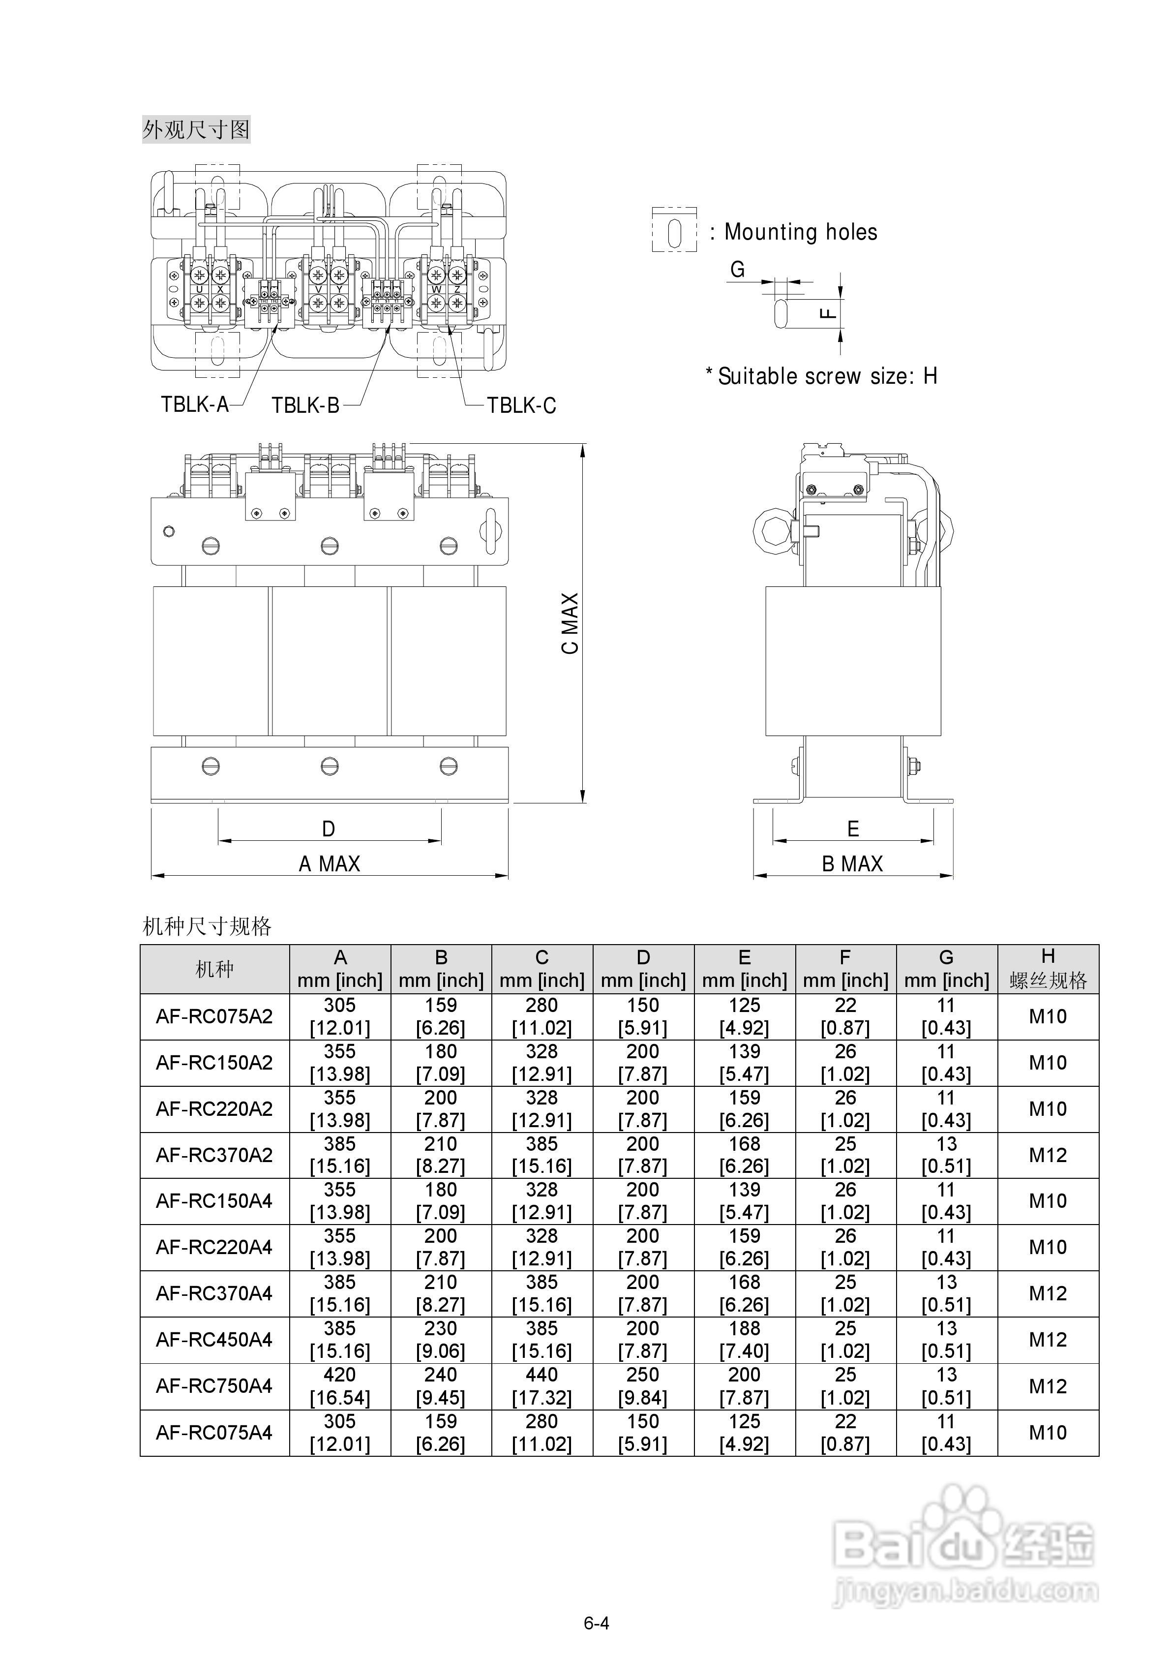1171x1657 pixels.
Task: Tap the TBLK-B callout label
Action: pos(305,405)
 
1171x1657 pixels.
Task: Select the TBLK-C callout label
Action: pos(521,405)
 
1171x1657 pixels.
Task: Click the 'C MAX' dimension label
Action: pos(570,623)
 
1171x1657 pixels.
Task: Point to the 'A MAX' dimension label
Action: pos(329,864)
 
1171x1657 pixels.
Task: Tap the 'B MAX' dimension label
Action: pos(852,864)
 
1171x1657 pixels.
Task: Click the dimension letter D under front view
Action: pos(329,829)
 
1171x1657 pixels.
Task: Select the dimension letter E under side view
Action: pos(853,829)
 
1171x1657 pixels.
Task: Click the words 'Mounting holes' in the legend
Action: pos(801,232)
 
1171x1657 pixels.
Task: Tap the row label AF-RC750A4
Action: pos(214,1385)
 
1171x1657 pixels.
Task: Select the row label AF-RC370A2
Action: pos(214,1155)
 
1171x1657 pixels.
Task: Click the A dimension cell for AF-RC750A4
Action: pos(340,1385)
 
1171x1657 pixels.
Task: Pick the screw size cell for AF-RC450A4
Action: pos(1048,1340)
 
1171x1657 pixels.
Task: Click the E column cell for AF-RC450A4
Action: pos(744,1340)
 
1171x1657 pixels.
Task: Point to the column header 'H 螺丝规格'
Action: pos(1048,969)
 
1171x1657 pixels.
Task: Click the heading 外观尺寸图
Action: pos(196,130)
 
